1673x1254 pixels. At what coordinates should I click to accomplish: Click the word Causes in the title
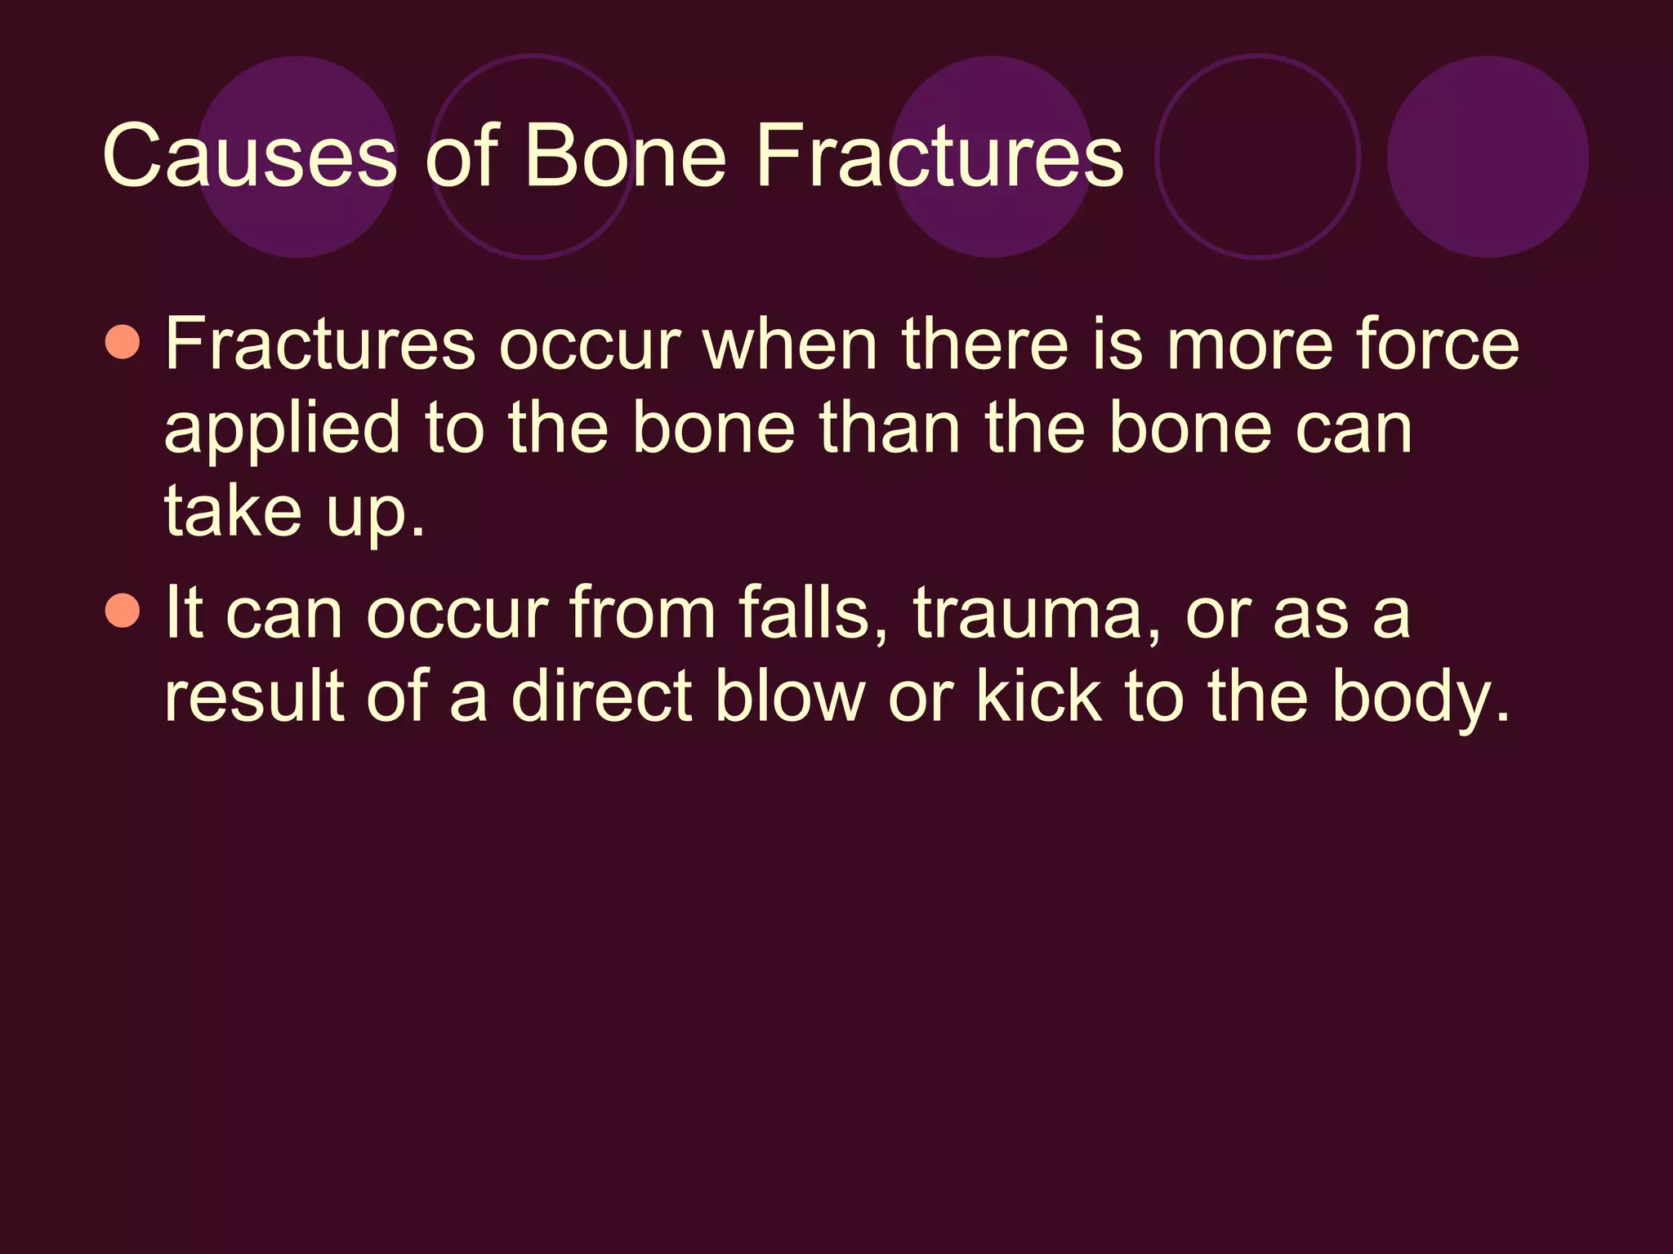coord(249,155)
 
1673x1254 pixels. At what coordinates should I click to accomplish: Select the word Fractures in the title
coord(939,155)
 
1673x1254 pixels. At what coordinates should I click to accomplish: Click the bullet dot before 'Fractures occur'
coord(123,342)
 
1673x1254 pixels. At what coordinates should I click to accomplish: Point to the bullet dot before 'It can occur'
coord(123,610)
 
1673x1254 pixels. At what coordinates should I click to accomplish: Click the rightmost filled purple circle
coord(1488,157)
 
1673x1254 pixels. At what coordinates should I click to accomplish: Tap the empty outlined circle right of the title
coord(1258,157)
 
